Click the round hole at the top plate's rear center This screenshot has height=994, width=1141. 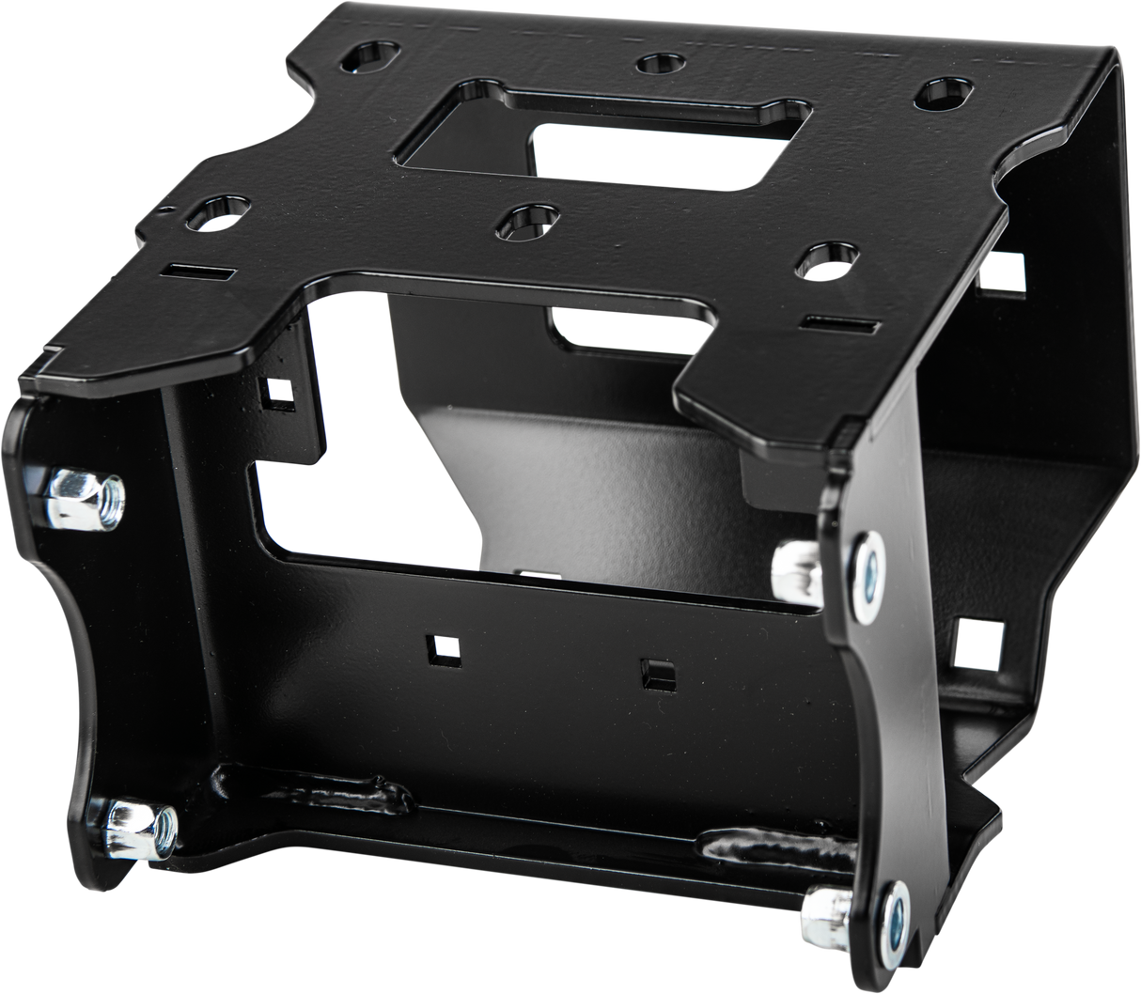(659, 64)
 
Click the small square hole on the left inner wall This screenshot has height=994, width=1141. (278, 392)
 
